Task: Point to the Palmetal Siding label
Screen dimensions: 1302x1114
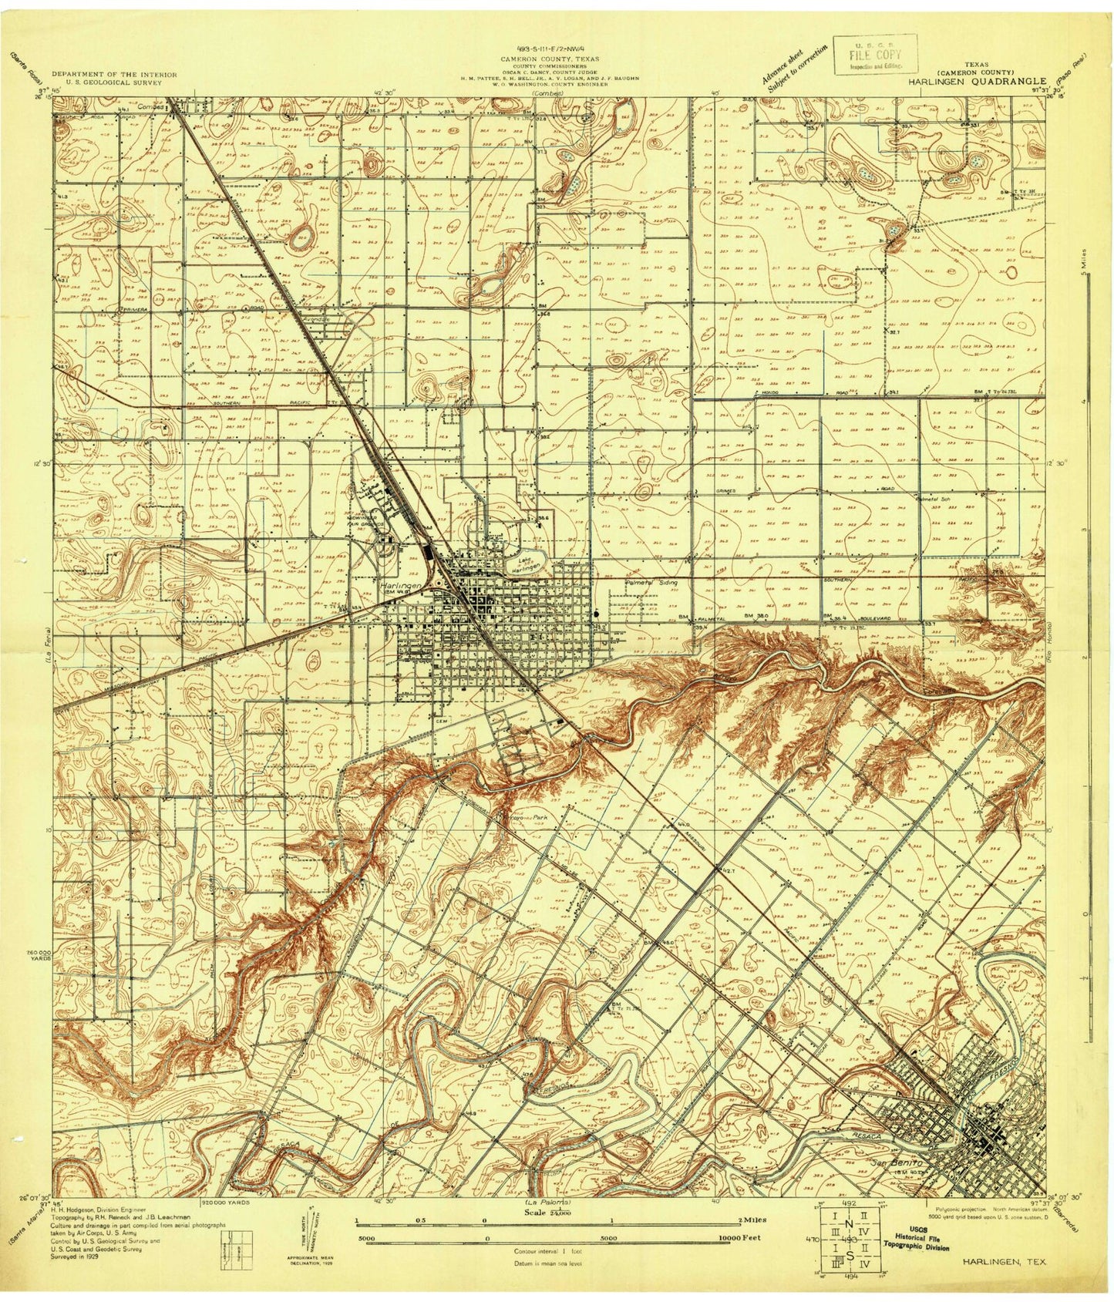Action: click(651, 584)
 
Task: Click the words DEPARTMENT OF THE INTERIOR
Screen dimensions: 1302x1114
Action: click(114, 75)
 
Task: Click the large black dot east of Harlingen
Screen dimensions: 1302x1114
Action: click(598, 614)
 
